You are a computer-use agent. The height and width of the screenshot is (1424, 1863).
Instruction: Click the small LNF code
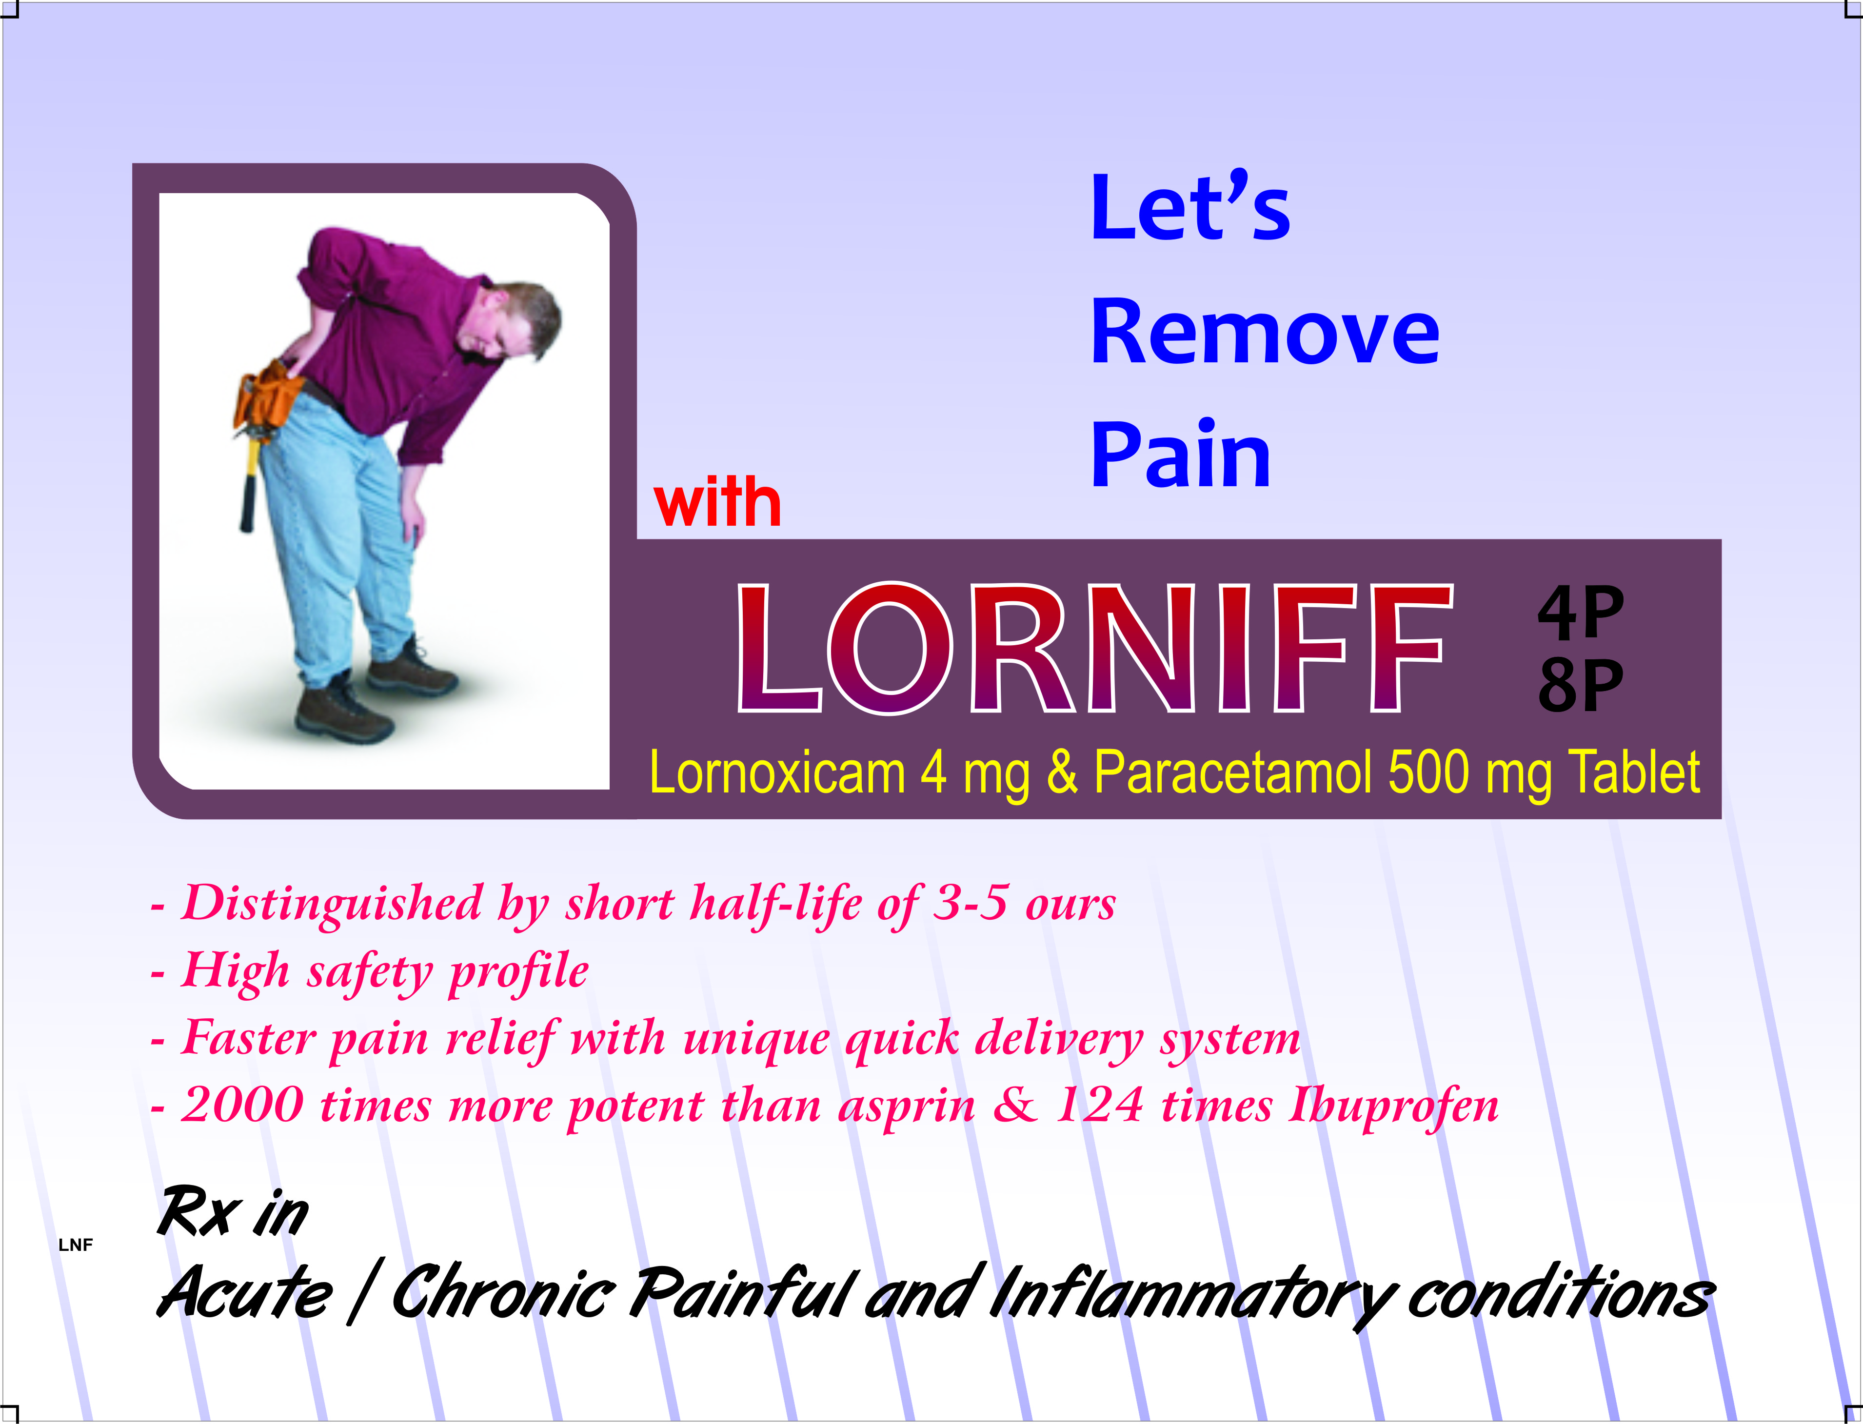point(76,1245)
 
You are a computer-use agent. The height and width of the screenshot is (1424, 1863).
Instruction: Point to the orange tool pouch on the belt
point(267,396)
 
